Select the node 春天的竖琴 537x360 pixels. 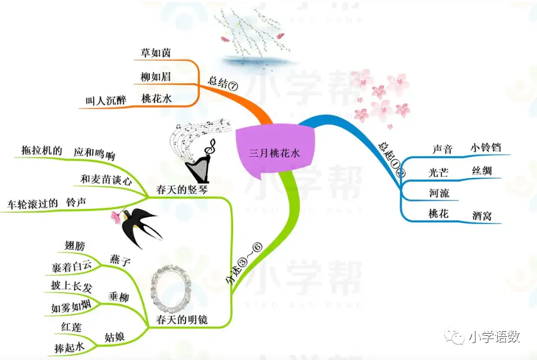(x=182, y=190)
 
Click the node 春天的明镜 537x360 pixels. (x=182, y=320)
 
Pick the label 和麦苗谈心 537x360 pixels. (x=106, y=180)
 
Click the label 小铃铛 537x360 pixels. (x=485, y=148)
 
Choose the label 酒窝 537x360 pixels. (x=482, y=215)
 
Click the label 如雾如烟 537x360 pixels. (x=71, y=308)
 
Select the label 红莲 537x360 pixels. (x=71, y=326)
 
